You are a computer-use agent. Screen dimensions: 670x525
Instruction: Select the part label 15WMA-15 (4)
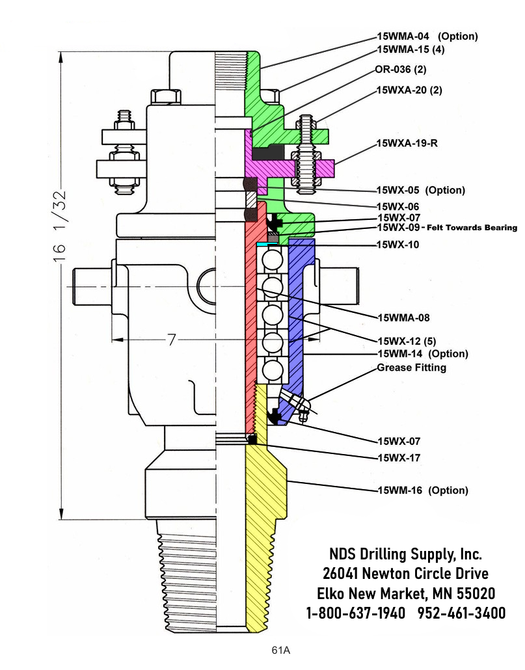[x=411, y=49]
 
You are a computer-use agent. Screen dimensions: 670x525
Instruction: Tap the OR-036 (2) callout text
[x=400, y=69]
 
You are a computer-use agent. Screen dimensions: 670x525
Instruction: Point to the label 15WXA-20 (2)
[x=409, y=90]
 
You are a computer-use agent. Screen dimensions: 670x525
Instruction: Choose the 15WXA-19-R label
[x=407, y=144]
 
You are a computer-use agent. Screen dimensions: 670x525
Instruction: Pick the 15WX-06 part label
[x=399, y=206]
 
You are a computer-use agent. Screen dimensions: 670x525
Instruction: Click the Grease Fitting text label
[x=412, y=368]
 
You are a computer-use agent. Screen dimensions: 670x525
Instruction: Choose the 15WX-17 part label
[x=399, y=458]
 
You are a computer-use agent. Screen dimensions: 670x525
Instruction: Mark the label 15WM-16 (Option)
[x=423, y=490]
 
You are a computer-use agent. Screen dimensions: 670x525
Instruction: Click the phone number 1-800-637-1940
[x=356, y=613]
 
